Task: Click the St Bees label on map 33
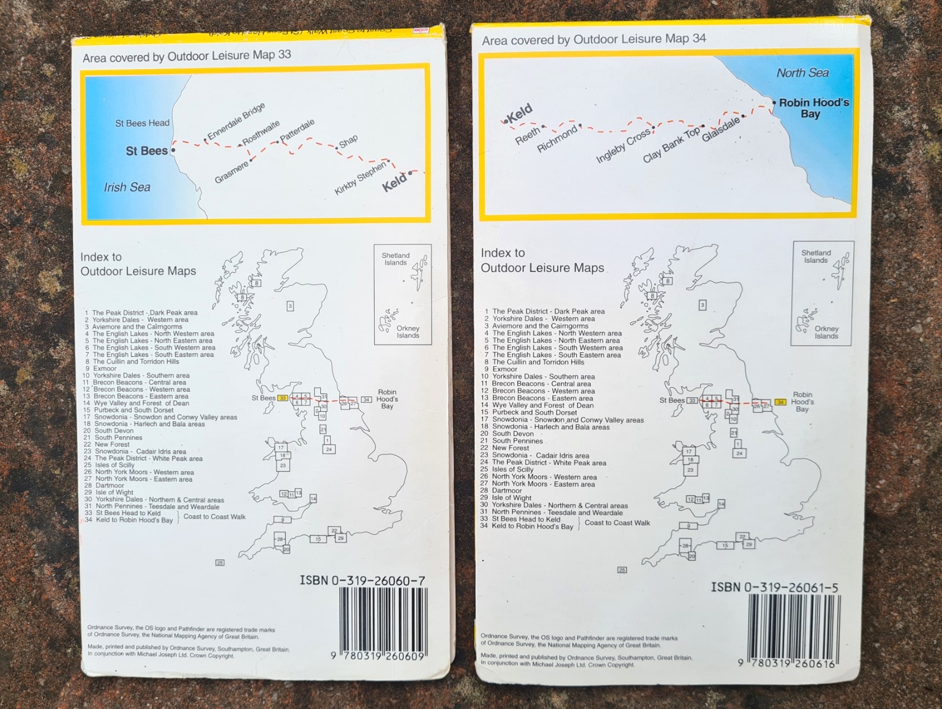click(x=147, y=151)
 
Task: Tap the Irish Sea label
click(x=127, y=187)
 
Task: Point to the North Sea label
click(x=802, y=73)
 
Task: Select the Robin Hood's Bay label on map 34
click(x=813, y=108)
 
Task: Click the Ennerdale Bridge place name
click(x=236, y=122)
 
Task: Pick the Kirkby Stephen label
click(x=360, y=179)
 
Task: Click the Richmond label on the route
click(x=557, y=139)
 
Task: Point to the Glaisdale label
click(x=721, y=129)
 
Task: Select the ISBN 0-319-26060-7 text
click(x=362, y=580)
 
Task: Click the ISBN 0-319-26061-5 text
click(x=775, y=588)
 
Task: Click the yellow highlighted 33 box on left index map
click(x=283, y=398)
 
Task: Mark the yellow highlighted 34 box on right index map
click(x=780, y=402)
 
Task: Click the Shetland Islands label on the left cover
click(x=395, y=259)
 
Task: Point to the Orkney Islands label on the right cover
click(x=826, y=333)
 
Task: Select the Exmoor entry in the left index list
click(x=105, y=369)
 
